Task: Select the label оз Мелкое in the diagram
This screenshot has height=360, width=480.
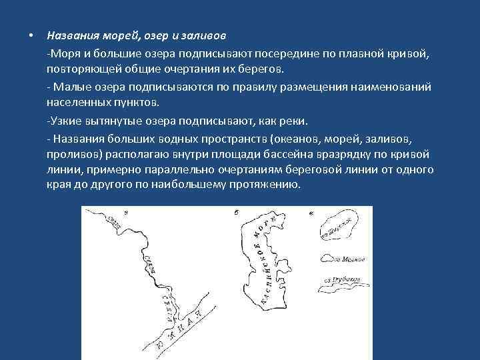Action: click(x=347, y=259)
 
